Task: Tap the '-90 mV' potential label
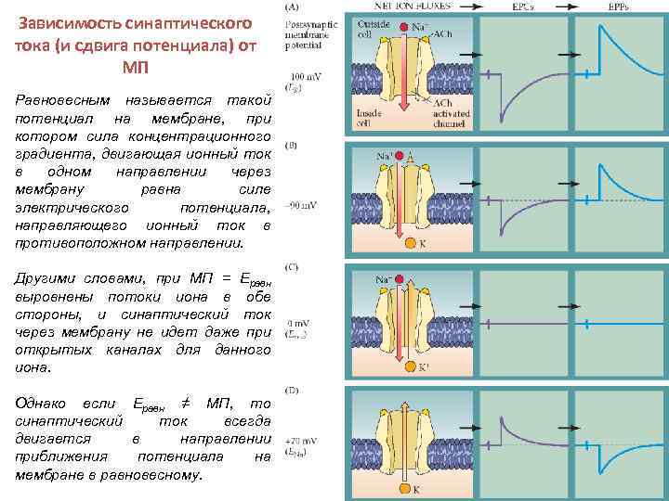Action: click(x=304, y=205)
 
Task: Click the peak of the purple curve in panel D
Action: click(x=502, y=415)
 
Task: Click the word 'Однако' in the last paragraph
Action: click(x=49, y=402)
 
